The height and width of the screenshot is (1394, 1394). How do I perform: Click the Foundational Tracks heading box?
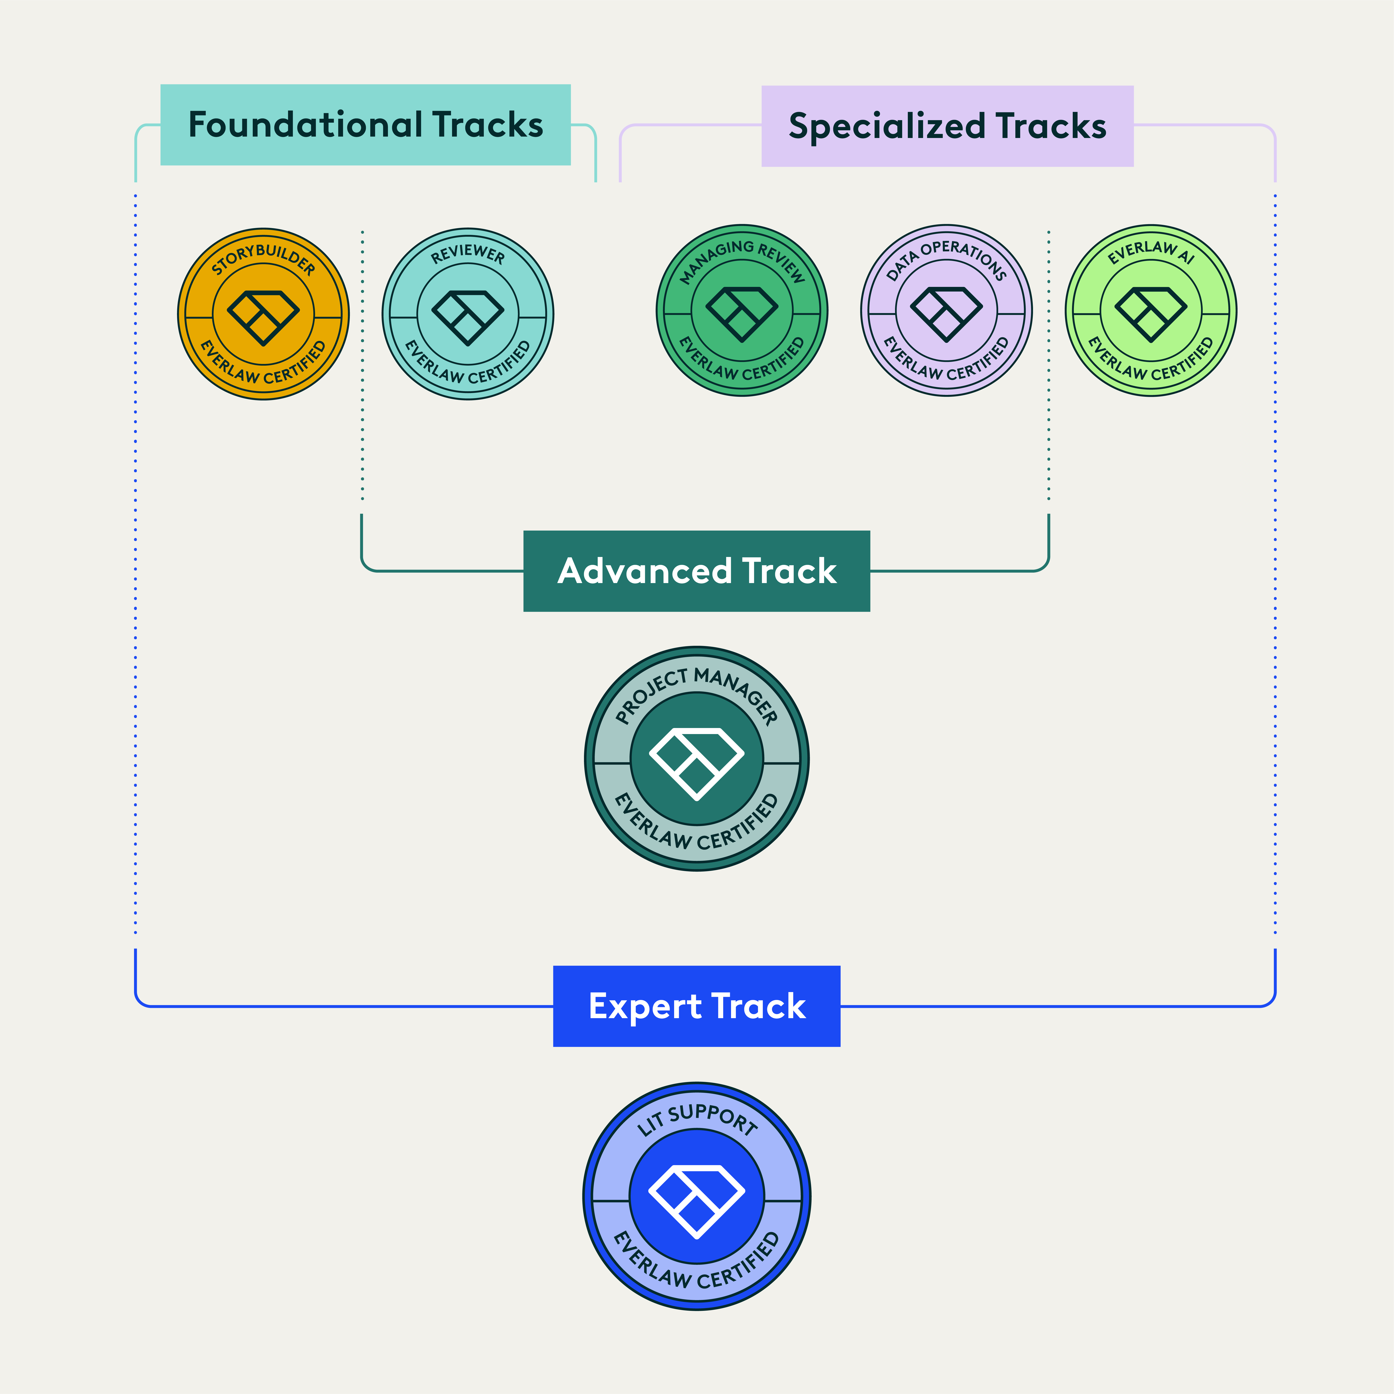point(365,125)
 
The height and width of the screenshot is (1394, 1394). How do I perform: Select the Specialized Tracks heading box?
point(947,126)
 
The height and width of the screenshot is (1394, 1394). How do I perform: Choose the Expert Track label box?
point(696,1006)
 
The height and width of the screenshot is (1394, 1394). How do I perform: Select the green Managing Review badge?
point(742,310)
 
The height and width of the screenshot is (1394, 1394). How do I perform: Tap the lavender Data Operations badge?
point(946,310)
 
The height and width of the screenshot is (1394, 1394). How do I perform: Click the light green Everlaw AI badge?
point(1151,310)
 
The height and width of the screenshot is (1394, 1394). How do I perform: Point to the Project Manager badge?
point(696,758)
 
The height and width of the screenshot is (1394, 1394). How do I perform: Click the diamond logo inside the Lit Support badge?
point(696,1201)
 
